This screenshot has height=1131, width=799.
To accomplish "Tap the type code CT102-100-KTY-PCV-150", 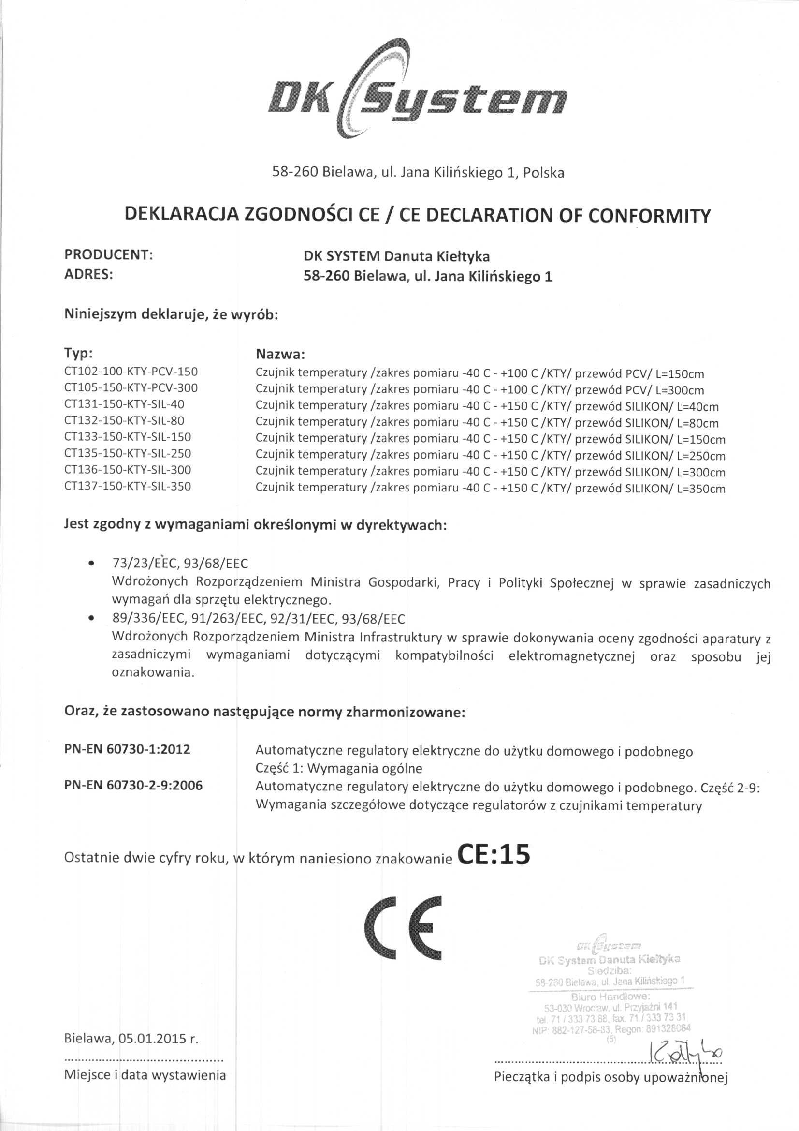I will pyautogui.click(x=131, y=372).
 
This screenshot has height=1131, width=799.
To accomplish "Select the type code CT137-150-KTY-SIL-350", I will pyautogui.click(x=128, y=487).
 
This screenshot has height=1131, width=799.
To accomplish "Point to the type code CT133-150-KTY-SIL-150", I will pyautogui.click(x=128, y=437).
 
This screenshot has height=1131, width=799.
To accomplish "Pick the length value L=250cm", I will pyautogui.click(x=701, y=456).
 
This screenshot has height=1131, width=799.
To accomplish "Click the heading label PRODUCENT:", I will pyautogui.click(x=108, y=254).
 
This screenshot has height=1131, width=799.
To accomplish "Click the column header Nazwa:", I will pyautogui.click(x=281, y=354).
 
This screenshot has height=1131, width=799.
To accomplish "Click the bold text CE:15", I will pyautogui.click(x=494, y=856).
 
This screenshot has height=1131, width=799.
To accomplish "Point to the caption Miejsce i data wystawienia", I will pyautogui.click(x=145, y=1088).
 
